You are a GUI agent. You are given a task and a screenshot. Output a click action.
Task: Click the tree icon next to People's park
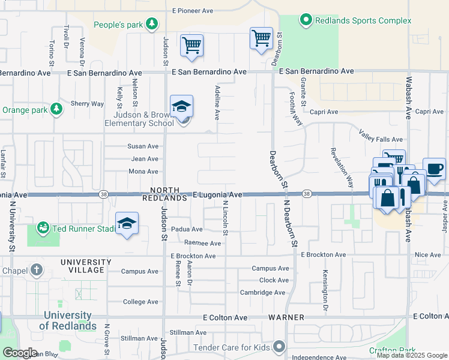[152, 24]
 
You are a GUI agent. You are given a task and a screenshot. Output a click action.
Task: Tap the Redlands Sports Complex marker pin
[306, 20]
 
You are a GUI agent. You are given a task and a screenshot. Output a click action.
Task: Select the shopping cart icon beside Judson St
[191, 46]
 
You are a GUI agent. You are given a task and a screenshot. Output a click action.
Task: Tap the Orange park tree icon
[56, 109]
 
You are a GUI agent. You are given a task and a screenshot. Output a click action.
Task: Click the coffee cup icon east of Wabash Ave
[434, 169]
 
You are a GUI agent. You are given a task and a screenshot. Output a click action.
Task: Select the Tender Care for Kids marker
[279, 346]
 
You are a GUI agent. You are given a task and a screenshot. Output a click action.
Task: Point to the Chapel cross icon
[37, 269]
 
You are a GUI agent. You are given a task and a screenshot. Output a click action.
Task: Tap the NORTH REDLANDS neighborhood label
[164, 193]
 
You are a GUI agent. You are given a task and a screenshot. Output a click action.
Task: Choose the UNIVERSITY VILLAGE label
[86, 266]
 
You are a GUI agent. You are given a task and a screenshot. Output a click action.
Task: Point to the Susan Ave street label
[143, 146]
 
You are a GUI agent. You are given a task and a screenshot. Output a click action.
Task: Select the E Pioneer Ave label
[193, 11]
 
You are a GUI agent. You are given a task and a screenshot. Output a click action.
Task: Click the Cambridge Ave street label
[262, 292]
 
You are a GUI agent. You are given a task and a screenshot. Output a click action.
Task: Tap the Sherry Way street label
[88, 104]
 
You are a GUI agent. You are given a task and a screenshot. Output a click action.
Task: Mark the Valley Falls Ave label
[381, 136]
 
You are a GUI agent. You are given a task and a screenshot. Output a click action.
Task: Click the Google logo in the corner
[20, 353]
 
